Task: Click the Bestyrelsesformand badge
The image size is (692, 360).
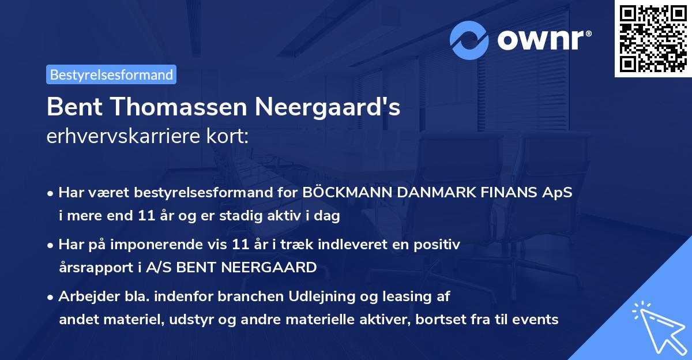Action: pyautogui.click(x=111, y=74)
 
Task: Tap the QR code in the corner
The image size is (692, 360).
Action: pyautogui.click(x=652, y=38)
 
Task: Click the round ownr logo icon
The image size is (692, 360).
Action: pyautogui.click(x=469, y=40)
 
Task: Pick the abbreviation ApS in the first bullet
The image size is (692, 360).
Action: pyautogui.click(x=558, y=192)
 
